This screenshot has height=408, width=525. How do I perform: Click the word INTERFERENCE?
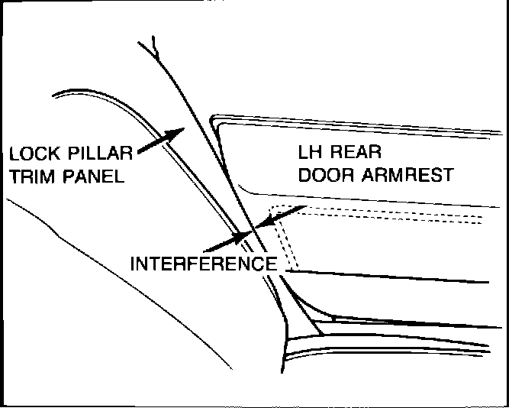pyautogui.click(x=203, y=264)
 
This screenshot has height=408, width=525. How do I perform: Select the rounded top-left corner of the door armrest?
pyautogui.click(x=215, y=120)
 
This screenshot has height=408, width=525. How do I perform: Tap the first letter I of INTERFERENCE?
pyautogui.click(x=134, y=264)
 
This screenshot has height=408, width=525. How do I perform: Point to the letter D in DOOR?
pyautogui.click(x=304, y=175)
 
